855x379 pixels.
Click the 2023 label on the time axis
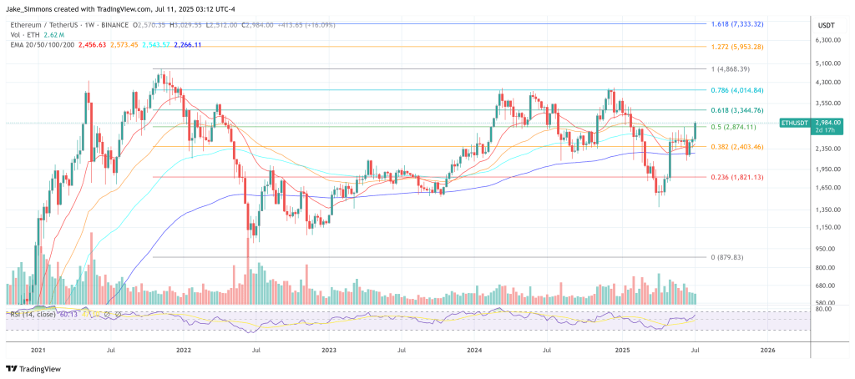pos(329,351)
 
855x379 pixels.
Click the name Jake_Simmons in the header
pos(33,9)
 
